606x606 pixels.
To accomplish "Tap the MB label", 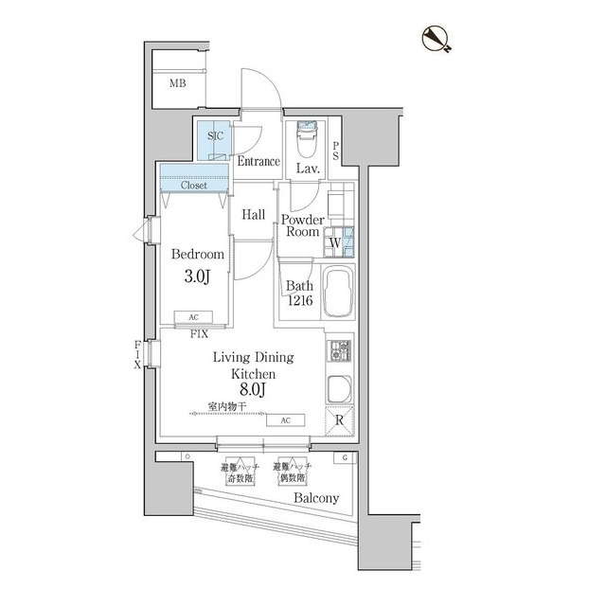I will tap(177, 84).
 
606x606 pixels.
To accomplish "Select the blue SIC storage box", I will tap(216, 138).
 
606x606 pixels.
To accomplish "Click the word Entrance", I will tap(258, 162).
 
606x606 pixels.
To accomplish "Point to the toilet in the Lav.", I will tap(307, 142).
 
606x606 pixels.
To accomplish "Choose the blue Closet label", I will tap(194, 186).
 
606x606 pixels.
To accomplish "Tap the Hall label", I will tap(253, 215).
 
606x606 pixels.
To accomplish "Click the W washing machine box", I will tap(334, 243).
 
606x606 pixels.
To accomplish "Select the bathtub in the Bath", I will tap(338, 294).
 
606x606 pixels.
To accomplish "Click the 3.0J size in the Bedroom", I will tap(197, 276).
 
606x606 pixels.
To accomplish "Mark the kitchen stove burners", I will tap(340, 352).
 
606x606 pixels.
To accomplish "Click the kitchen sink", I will tap(339, 388).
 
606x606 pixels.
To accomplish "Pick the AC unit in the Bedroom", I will tap(193, 318).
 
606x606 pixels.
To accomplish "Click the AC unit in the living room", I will tap(285, 420).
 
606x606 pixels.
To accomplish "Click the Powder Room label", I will tap(302, 225).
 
